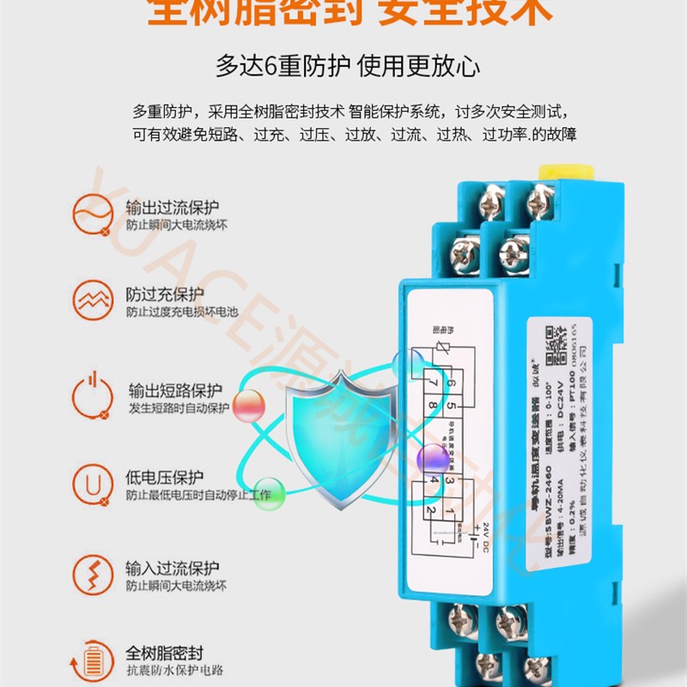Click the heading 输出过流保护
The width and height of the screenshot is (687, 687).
(172, 208)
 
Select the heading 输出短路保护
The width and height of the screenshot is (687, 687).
(175, 389)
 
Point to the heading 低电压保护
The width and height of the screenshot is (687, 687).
(166, 477)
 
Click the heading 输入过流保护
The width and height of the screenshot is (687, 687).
(172, 568)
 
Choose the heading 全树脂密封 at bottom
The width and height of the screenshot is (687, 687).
(165, 653)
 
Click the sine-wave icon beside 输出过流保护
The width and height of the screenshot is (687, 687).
(90, 214)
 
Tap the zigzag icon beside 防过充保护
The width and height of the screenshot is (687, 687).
(91, 301)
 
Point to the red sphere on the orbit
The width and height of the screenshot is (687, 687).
(250, 404)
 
